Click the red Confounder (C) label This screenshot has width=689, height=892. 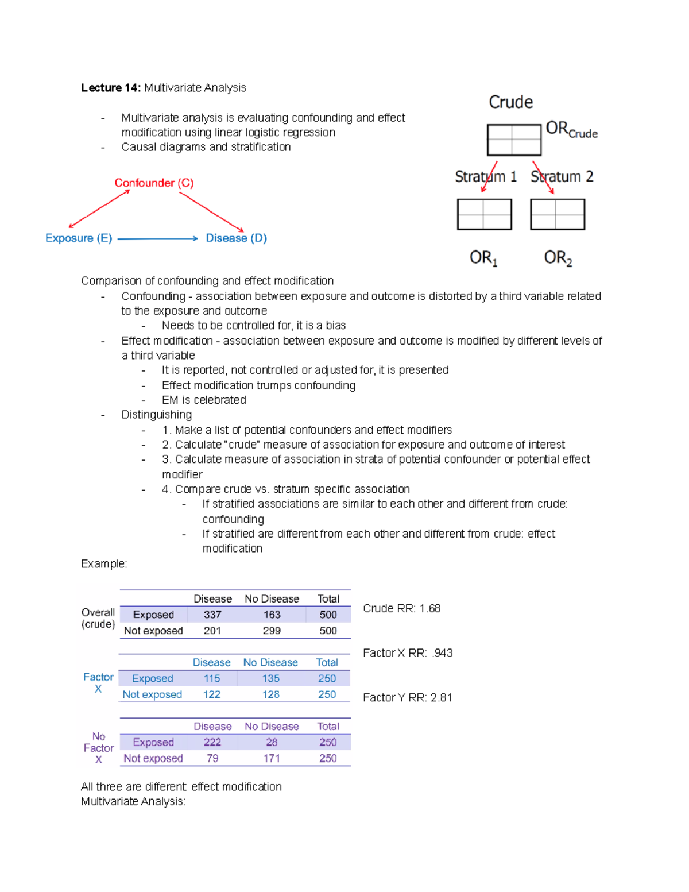pyautogui.click(x=154, y=183)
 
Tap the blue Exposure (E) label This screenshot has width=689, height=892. pyautogui.click(x=79, y=238)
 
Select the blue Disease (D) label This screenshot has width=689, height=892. pyautogui.click(x=236, y=238)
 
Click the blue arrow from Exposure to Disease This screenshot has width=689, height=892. pyautogui.click(x=157, y=238)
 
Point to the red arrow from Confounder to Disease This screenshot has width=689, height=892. pyautogui.click(x=211, y=212)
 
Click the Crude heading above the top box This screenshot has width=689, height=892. pyautogui.click(x=510, y=102)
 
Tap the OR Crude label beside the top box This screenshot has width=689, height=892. pyautogui.click(x=571, y=129)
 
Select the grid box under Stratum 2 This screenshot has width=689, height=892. pyautogui.click(x=557, y=214)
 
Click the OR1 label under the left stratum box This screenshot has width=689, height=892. pyautogui.click(x=483, y=258)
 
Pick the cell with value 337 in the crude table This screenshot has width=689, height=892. pyautogui.click(x=212, y=615)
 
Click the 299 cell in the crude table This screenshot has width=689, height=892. pyautogui.click(x=272, y=631)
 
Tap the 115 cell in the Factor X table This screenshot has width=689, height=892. pyautogui.click(x=212, y=678)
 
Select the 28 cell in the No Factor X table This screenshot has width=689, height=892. pyautogui.click(x=272, y=742)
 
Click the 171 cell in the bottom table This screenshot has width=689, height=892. pyautogui.click(x=272, y=758)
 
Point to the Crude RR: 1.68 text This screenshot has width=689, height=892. pyautogui.click(x=401, y=608)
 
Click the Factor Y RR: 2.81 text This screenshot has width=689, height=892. pyautogui.click(x=407, y=697)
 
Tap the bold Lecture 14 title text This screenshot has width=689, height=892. pyautogui.click(x=110, y=88)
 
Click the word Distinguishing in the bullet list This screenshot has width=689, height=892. pyautogui.click(x=156, y=415)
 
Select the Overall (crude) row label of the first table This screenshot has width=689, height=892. pyautogui.click(x=98, y=618)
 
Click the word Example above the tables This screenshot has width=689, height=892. pyautogui.click(x=103, y=563)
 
